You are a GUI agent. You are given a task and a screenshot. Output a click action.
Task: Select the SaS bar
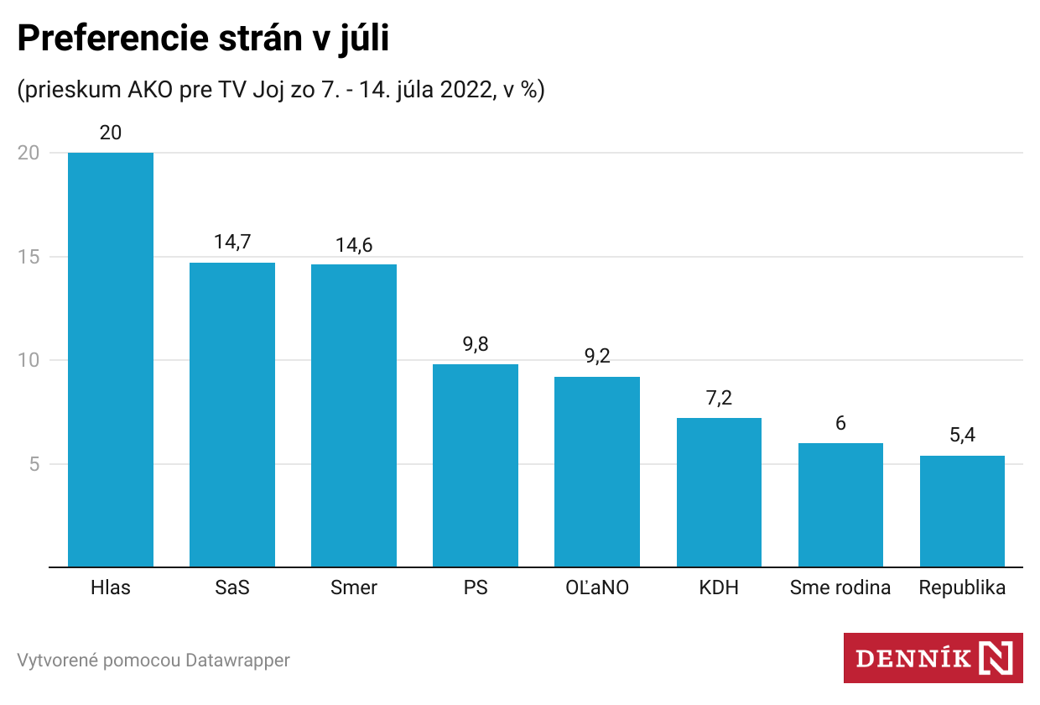232,415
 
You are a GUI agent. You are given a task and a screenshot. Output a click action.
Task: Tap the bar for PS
476,465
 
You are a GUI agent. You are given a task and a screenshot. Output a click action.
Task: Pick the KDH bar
719,492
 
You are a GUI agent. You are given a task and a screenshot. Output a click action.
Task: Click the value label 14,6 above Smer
354,245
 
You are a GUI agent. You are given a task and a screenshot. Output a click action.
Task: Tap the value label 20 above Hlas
111,133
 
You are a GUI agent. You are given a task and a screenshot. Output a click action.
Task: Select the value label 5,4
962,436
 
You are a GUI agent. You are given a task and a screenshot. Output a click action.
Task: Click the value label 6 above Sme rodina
840,423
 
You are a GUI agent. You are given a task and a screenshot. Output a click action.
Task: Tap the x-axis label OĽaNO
597,587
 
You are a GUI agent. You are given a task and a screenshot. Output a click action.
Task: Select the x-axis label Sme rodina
840,587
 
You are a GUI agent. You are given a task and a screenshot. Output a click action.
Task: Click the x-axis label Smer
354,587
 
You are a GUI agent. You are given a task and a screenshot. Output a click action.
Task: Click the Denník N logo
933,657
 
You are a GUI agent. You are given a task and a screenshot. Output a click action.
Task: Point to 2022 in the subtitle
461,90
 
